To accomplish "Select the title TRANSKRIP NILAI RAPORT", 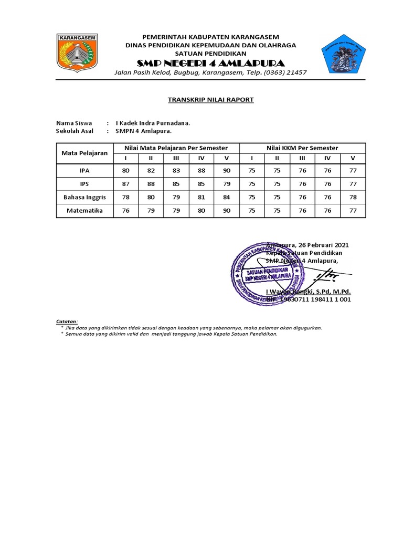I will point(210,99).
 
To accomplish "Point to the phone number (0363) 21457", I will point(285,73).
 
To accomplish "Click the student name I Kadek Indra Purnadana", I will point(152,123).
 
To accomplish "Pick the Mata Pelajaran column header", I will point(84,153).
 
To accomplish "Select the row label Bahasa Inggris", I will point(84,197).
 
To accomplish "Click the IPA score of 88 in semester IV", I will point(201,170).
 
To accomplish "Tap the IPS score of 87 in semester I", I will point(125,184).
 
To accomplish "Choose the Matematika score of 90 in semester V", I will point(227,211).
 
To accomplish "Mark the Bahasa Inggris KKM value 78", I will point(353,197).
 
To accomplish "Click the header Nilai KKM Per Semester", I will point(302,148).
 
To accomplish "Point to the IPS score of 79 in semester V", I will point(227,184).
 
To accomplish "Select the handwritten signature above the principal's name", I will point(331,275).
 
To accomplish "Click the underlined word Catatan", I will point(67,321).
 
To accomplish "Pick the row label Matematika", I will point(84,211).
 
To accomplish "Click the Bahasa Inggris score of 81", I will point(201,197).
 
